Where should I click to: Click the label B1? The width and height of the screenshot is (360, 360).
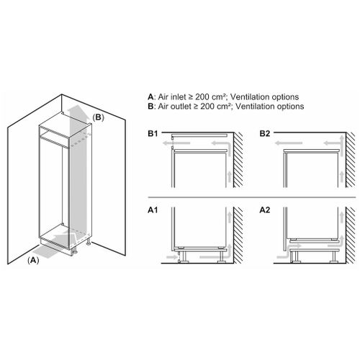[x=153, y=133]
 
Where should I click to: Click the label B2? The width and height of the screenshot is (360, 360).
[x=265, y=133]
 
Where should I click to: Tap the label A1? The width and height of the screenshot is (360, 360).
[x=153, y=210]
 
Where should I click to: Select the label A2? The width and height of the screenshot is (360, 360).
[x=265, y=210]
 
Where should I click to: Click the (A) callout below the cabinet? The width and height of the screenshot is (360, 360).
[x=33, y=260]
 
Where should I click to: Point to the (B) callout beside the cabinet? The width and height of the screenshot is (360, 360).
[x=99, y=117]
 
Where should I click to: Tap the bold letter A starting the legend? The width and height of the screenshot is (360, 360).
[x=150, y=97]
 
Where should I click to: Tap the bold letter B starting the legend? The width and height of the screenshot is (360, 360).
[x=150, y=107]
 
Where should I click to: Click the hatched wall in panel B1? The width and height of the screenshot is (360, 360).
[x=238, y=160]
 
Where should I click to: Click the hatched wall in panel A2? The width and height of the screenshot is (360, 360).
[x=350, y=235]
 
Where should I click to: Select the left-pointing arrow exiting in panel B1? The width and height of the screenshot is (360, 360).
[x=176, y=143]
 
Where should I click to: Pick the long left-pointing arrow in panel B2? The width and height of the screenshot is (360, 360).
[x=289, y=143]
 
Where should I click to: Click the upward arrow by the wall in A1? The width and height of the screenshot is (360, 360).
[x=230, y=217]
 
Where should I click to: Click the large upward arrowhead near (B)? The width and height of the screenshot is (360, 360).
[x=76, y=109]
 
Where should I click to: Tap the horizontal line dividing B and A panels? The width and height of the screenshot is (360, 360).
[x=252, y=197]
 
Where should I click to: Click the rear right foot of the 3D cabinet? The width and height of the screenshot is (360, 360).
[x=89, y=242]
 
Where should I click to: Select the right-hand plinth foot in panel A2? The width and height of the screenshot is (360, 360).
[x=333, y=257]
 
